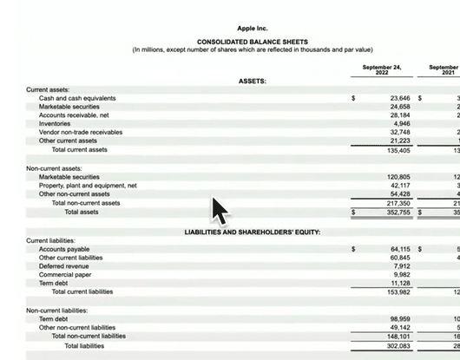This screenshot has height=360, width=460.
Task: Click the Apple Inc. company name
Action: coord(252,29)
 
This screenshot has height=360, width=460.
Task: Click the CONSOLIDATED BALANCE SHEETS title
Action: coord(252,42)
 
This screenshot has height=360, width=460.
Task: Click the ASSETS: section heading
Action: coord(252,81)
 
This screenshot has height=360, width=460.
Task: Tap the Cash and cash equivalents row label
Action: coord(77,98)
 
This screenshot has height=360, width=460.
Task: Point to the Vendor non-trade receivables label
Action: coord(81,132)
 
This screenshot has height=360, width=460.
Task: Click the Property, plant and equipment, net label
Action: coord(88,185)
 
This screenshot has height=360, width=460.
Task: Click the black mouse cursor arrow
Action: coord(220,210)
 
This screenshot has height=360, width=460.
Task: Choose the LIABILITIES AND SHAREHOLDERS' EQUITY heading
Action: coord(253,232)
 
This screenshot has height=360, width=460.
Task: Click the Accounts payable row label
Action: coord(64,249)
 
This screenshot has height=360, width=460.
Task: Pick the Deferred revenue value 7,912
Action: coord(402,266)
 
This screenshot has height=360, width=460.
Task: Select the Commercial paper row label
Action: coord(66,274)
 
